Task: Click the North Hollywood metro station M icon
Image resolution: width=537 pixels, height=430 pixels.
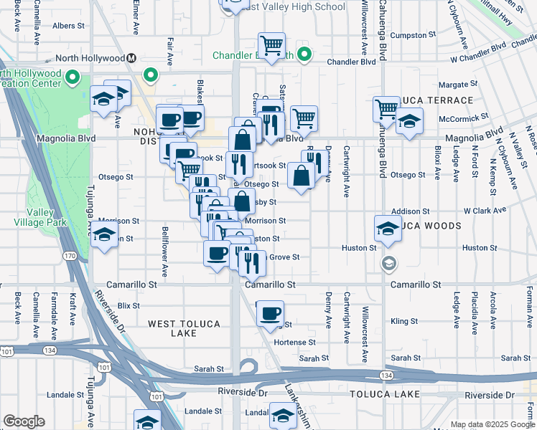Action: [131, 58]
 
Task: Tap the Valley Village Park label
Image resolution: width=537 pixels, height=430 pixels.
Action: [45, 216]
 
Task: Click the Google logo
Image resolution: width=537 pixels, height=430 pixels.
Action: [24, 421]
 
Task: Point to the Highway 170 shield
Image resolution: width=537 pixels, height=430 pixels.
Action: [69, 255]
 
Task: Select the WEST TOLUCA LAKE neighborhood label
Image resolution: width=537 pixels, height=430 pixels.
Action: [184, 328]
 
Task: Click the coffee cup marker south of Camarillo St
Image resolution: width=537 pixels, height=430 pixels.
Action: [270, 314]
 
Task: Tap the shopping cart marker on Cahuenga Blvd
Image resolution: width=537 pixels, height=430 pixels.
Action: [386, 109]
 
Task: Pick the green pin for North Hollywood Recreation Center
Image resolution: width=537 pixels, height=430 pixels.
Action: [72, 76]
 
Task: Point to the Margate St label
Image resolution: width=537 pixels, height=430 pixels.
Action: [457, 85]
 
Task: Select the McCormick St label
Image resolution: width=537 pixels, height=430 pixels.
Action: [464, 115]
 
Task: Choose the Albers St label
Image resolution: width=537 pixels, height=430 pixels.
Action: [68, 26]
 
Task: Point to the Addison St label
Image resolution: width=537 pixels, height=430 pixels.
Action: [410, 212]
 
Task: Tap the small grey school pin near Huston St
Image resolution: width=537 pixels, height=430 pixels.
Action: [388, 263]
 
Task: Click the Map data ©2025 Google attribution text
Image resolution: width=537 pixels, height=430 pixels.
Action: [491, 424]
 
